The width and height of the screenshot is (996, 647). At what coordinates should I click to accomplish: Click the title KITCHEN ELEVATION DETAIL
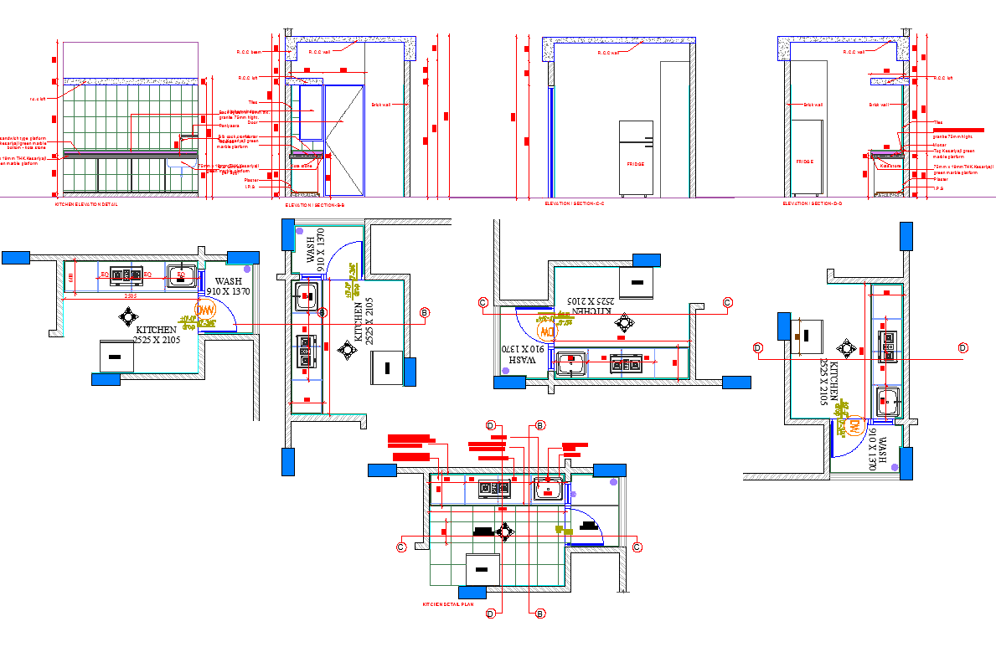click(x=86, y=204)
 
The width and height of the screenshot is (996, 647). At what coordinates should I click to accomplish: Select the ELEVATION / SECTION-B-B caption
click(x=314, y=204)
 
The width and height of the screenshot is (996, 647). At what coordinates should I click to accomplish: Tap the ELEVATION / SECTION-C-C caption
click(x=575, y=204)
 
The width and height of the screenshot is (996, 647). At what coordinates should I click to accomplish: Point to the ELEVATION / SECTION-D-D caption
click(x=813, y=204)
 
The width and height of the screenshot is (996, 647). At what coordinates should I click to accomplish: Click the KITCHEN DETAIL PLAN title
click(x=447, y=603)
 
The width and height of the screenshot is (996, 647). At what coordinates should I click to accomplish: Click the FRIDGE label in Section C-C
click(x=636, y=164)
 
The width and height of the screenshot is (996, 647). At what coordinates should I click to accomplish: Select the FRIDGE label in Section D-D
click(x=805, y=161)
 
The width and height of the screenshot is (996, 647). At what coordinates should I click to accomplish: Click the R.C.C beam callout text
click(x=250, y=52)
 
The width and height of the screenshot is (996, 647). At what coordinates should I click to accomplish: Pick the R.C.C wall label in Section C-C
click(x=608, y=53)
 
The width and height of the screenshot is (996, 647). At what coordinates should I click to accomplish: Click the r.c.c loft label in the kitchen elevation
click(x=38, y=99)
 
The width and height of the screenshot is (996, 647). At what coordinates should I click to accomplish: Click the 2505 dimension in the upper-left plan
click(x=131, y=295)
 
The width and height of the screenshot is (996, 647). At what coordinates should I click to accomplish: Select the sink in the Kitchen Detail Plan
click(x=548, y=487)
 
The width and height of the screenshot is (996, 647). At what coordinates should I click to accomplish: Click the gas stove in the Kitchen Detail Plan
click(x=493, y=487)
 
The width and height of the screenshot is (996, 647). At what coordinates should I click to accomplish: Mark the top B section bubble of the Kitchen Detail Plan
click(x=540, y=426)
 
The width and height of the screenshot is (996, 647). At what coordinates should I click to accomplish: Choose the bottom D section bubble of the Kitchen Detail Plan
click(x=491, y=614)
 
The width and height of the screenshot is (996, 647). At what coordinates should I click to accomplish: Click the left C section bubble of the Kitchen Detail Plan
click(x=401, y=547)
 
